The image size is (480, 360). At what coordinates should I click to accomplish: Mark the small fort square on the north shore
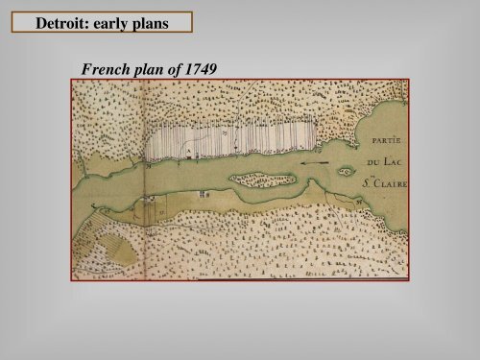tap(190, 152)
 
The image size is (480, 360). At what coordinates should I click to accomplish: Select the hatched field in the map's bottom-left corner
tap(96, 246)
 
